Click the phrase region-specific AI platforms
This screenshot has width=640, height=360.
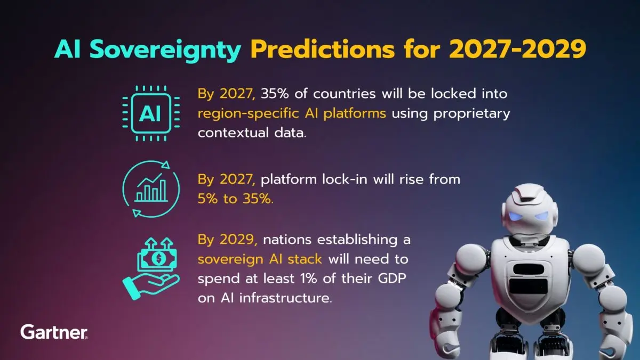292,113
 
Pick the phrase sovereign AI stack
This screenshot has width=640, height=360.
260,259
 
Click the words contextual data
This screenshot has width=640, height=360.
252,133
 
